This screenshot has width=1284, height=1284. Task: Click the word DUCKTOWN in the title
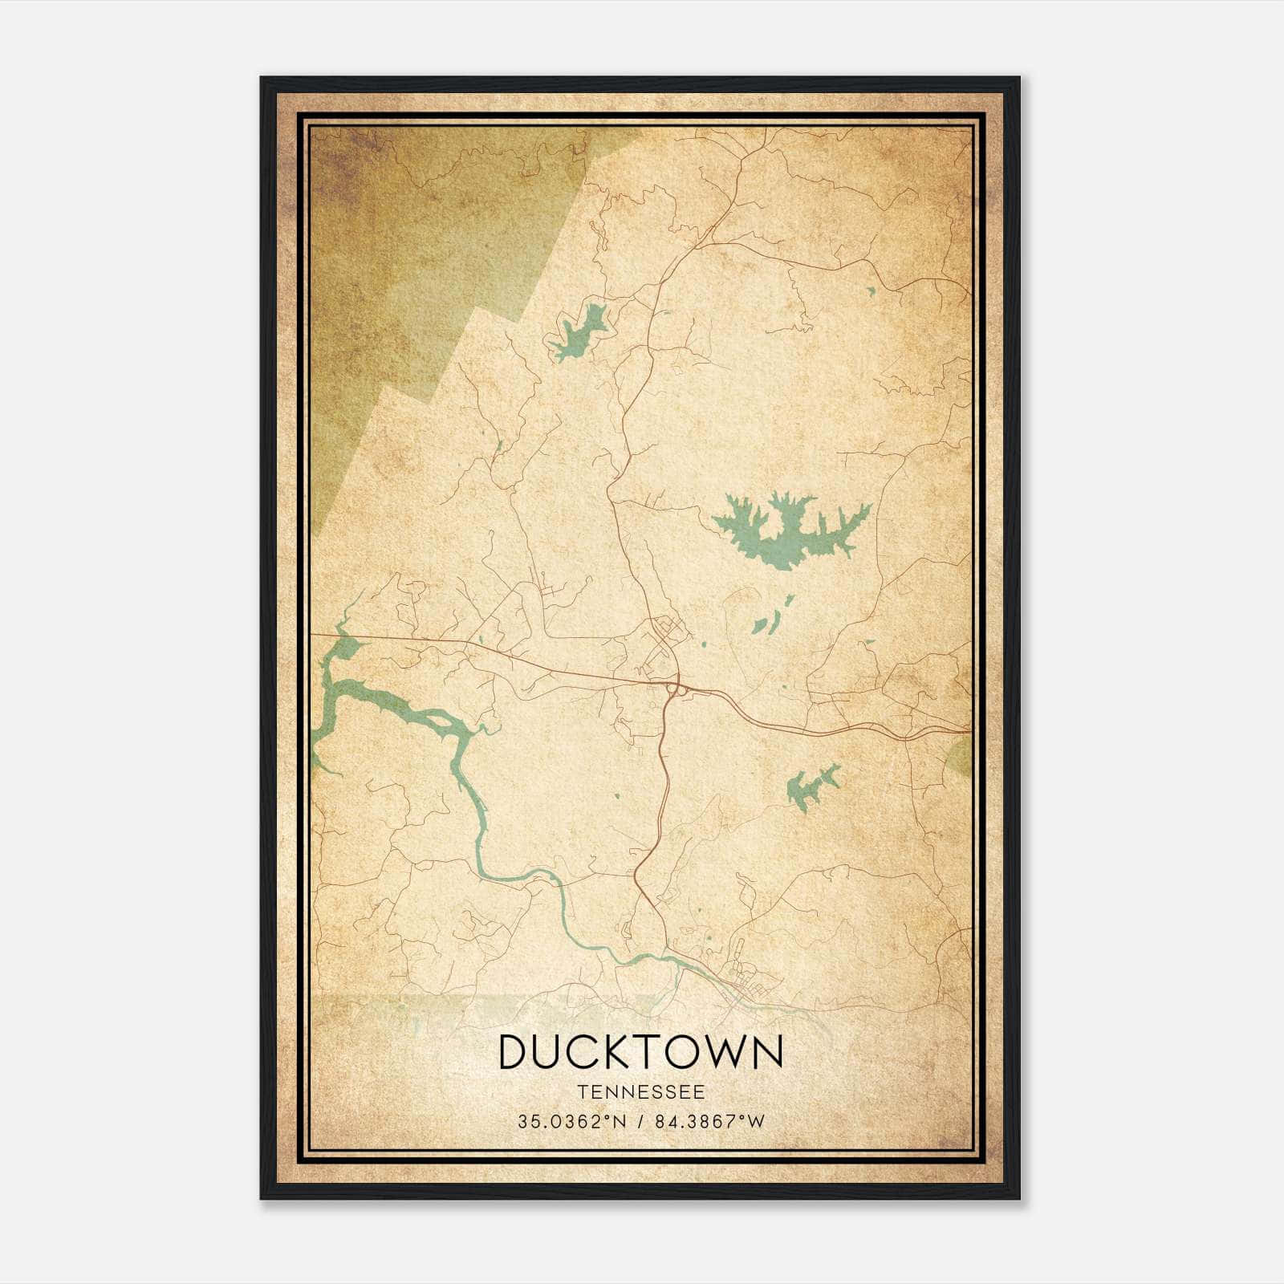640,1053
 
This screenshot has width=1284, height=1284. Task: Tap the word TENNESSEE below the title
640,1092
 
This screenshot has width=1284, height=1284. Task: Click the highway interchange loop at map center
675,688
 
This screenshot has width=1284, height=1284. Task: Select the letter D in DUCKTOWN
514,1053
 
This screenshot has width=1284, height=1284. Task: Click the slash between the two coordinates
640,1122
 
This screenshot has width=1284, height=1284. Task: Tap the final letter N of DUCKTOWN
766,1053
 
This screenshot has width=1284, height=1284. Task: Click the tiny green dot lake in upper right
872,291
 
